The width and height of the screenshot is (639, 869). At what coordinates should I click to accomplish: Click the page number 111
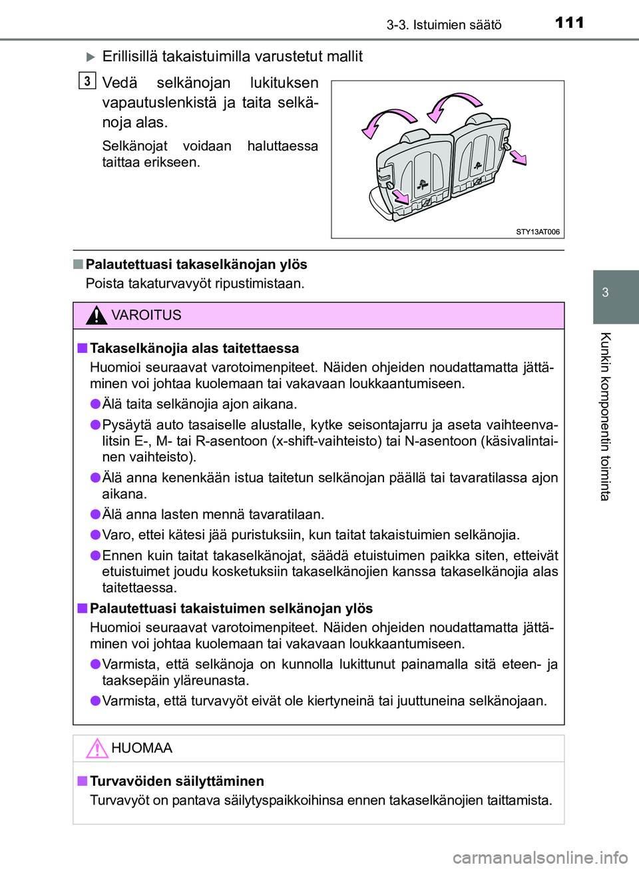(570, 23)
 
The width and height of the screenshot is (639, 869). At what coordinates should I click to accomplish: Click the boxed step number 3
(87, 81)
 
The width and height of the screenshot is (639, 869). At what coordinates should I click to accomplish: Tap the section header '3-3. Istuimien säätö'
(444, 25)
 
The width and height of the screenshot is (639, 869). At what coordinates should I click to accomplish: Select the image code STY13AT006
(538, 232)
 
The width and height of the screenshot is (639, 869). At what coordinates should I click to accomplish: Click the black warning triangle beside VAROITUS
(97, 315)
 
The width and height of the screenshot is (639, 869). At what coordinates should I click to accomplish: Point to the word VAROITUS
(146, 315)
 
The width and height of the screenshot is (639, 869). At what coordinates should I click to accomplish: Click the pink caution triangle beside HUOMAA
(97, 748)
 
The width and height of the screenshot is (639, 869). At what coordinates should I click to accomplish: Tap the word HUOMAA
(142, 748)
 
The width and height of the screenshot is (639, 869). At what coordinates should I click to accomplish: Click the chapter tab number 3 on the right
(605, 292)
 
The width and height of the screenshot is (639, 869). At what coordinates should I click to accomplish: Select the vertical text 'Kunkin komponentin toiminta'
(605, 416)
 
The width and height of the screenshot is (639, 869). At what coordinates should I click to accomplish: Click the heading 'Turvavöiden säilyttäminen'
(177, 781)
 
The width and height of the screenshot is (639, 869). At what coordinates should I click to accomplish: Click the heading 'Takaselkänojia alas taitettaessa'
(194, 348)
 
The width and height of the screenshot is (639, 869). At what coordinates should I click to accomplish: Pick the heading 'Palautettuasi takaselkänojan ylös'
(196, 264)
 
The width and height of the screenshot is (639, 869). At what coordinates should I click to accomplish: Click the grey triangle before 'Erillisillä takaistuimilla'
(91, 57)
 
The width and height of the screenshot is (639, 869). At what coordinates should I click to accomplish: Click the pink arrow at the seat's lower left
(401, 196)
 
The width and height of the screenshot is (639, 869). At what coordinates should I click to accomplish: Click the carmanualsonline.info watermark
(540, 857)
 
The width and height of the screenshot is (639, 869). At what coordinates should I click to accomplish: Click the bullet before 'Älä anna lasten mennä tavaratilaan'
(96, 514)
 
